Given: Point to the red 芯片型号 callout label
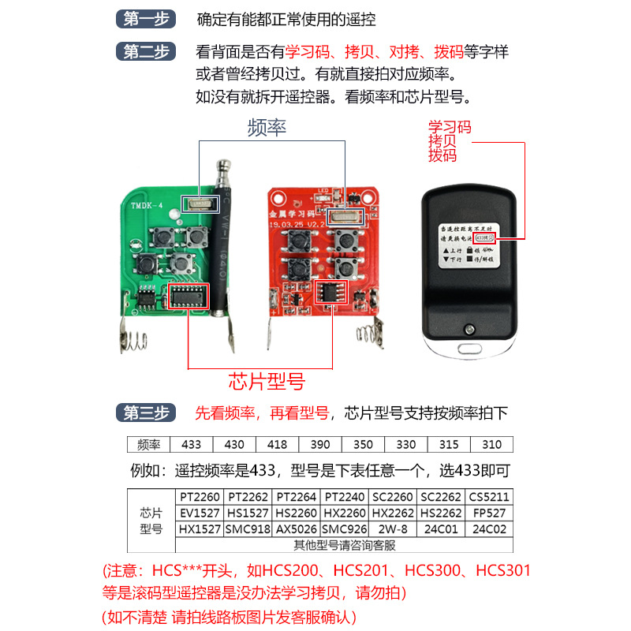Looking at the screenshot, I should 267,383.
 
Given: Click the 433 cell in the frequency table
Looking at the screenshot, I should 192,444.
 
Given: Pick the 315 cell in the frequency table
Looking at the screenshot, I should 448,444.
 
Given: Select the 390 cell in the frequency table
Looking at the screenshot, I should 319,444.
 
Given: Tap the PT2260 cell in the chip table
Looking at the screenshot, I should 200,497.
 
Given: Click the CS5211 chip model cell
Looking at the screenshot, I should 490,497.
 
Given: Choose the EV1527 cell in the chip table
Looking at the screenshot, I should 200,513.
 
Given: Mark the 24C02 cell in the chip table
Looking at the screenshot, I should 490,528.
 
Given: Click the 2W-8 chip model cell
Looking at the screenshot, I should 394,528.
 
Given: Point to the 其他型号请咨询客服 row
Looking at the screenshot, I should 345,544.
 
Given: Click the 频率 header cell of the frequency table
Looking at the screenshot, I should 148,444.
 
